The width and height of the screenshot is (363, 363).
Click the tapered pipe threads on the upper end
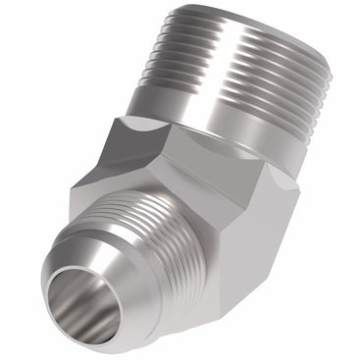(235, 69)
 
